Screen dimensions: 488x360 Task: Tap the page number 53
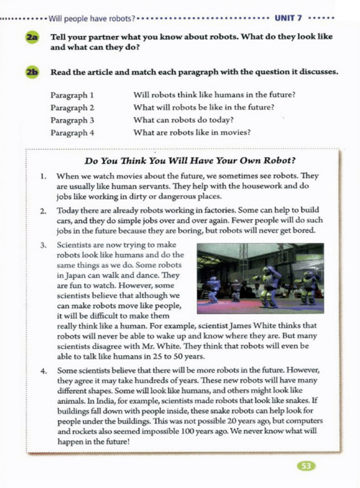307,466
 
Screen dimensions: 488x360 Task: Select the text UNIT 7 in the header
288,19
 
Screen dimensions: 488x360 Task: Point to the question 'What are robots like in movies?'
192,133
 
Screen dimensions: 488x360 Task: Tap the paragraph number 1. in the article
44,176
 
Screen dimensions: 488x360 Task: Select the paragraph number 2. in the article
44,210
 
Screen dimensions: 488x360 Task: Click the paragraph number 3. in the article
44,244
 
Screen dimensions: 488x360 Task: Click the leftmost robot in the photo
213,289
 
